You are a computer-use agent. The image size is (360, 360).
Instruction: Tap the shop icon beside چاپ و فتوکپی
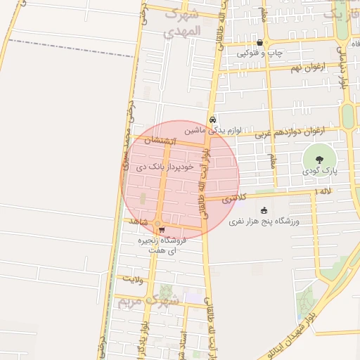pyautogui.click(x=260, y=42)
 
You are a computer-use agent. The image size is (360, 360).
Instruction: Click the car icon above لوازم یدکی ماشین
pyautogui.click(x=212, y=120)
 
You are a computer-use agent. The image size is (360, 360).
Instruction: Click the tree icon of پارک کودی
pyautogui.click(x=320, y=158)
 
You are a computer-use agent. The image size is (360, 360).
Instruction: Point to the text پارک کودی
pyautogui.click(x=321, y=171)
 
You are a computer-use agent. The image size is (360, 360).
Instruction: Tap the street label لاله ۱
pyautogui.click(x=323, y=191)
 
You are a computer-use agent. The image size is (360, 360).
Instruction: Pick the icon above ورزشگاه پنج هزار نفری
pyautogui.click(x=264, y=210)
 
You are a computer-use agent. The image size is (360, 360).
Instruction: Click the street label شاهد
pyautogui.click(x=138, y=222)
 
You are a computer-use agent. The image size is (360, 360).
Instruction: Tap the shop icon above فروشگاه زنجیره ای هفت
pyautogui.click(x=162, y=229)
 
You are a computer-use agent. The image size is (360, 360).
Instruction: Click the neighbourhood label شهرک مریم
pyautogui.click(x=148, y=302)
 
